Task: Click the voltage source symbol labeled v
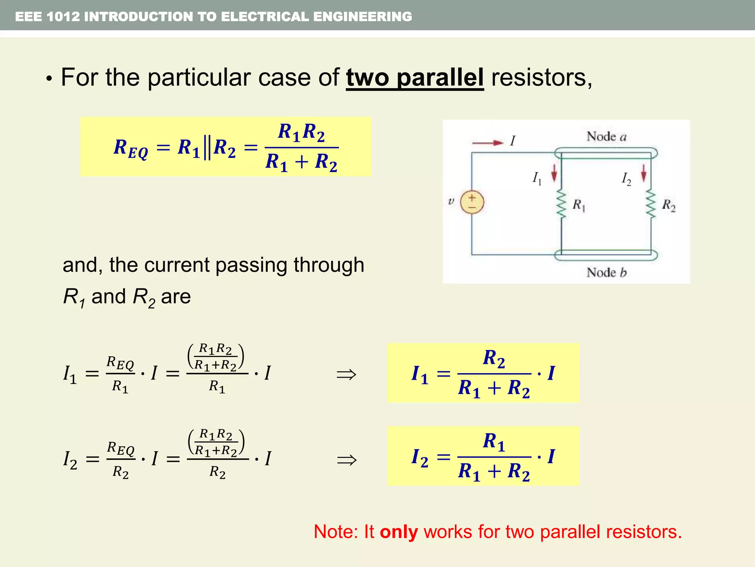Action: click(472, 202)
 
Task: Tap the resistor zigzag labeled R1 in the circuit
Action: click(561, 204)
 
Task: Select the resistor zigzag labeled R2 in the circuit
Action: click(651, 204)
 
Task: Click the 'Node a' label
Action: click(606, 137)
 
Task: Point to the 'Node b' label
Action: click(606, 273)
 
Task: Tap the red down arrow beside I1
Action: click(554, 174)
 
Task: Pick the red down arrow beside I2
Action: click(644, 173)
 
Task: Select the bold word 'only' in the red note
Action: click(399, 532)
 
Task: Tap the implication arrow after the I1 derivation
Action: click(347, 375)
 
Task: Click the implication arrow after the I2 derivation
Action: click(347, 460)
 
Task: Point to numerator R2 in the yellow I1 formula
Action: click(494, 358)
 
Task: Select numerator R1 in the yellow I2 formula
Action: click(494, 442)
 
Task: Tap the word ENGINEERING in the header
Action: click(363, 17)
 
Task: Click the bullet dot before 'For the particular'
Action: click(49, 79)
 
